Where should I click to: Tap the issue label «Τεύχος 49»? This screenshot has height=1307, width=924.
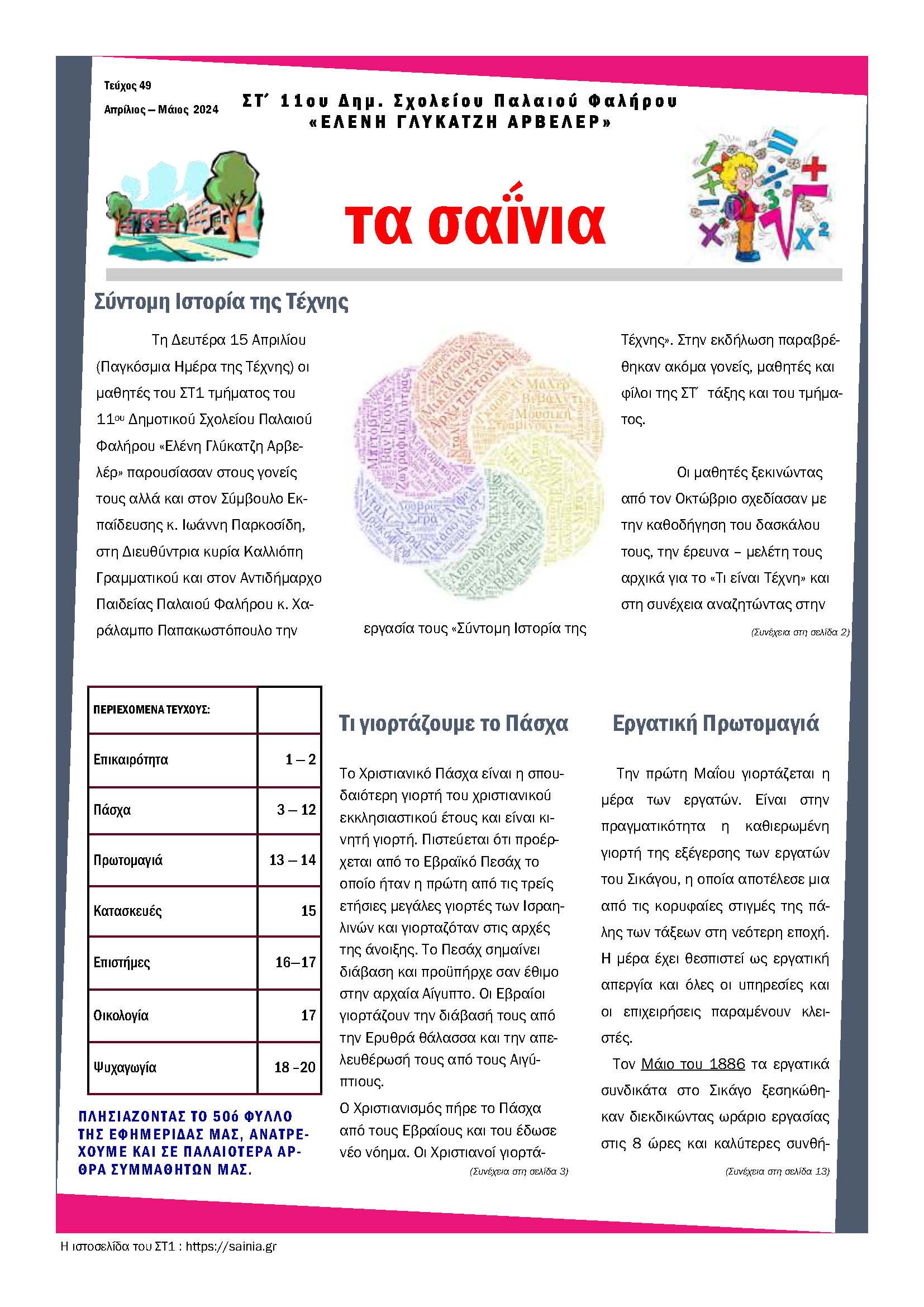[127, 85]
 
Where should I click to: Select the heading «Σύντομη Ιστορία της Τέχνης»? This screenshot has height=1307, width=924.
[221, 302]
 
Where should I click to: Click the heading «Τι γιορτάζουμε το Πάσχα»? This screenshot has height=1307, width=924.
[454, 723]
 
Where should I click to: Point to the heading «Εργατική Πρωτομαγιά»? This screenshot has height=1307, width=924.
[715, 723]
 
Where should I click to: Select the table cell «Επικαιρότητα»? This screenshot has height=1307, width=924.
[131, 759]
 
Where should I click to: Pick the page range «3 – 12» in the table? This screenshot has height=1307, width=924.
[296, 810]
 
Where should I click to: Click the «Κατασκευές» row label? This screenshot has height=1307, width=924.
[127, 911]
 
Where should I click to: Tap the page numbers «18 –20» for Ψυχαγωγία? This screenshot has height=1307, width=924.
[294, 1067]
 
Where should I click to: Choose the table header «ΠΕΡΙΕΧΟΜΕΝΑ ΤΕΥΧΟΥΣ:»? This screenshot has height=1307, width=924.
[151, 710]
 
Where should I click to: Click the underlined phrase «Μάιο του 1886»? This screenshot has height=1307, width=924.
[692, 1064]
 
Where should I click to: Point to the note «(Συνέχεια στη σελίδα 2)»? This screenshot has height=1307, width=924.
[800, 632]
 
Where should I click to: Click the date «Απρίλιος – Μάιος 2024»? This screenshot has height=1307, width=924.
[161, 110]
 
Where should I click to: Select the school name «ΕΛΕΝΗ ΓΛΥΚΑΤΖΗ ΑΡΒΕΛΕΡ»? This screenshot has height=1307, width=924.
[460, 122]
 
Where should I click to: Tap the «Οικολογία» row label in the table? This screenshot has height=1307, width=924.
[121, 1015]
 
